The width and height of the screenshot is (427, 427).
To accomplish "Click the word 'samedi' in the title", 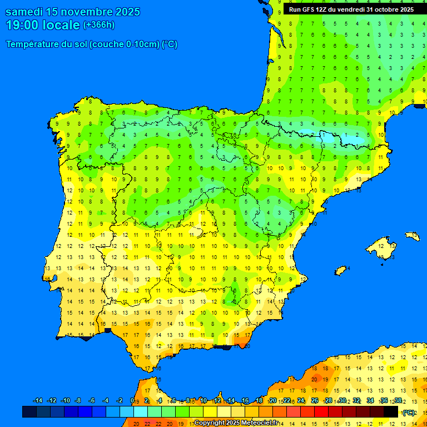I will [26, 12].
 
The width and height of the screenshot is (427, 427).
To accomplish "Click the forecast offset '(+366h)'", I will [99, 25].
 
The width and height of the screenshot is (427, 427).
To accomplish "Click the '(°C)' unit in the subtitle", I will [170, 44].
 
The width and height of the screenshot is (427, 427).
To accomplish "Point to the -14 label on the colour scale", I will [38, 401].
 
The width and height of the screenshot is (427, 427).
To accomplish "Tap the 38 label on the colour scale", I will [398, 401].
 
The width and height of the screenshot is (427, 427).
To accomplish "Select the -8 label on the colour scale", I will [78, 401].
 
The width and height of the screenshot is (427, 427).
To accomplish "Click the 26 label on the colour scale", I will [315, 401].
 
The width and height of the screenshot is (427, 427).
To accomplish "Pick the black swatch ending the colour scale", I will [391, 411].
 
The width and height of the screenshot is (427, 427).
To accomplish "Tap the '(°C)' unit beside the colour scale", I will [409, 412].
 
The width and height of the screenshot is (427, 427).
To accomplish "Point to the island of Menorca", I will [413, 236].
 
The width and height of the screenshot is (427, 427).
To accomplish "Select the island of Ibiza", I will [341, 270].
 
